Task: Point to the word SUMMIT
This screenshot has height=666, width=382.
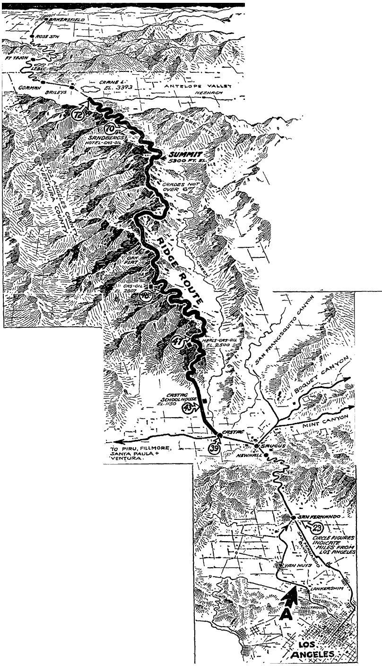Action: click(x=182, y=155)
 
